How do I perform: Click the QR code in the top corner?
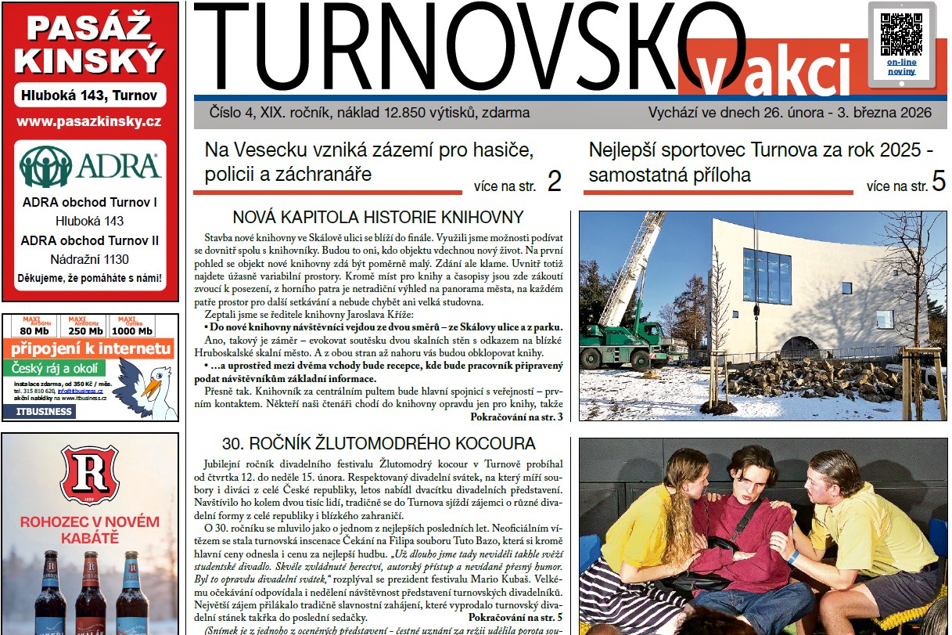tap(901, 31)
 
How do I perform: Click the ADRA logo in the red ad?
tap(90, 166)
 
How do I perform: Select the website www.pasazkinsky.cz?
tap(89, 121)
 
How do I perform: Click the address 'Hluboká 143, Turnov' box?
tap(89, 96)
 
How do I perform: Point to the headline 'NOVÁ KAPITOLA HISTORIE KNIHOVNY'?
tap(378, 218)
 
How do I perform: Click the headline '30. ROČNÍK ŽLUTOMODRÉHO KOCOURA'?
tap(379, 443)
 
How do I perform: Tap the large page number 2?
tap(554, 182)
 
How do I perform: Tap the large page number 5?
tap(939, 182)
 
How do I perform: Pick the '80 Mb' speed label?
tap(34, 330)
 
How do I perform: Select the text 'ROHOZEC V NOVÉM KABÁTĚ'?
tap(90, 530)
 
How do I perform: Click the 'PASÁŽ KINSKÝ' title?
tap(90, 43)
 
